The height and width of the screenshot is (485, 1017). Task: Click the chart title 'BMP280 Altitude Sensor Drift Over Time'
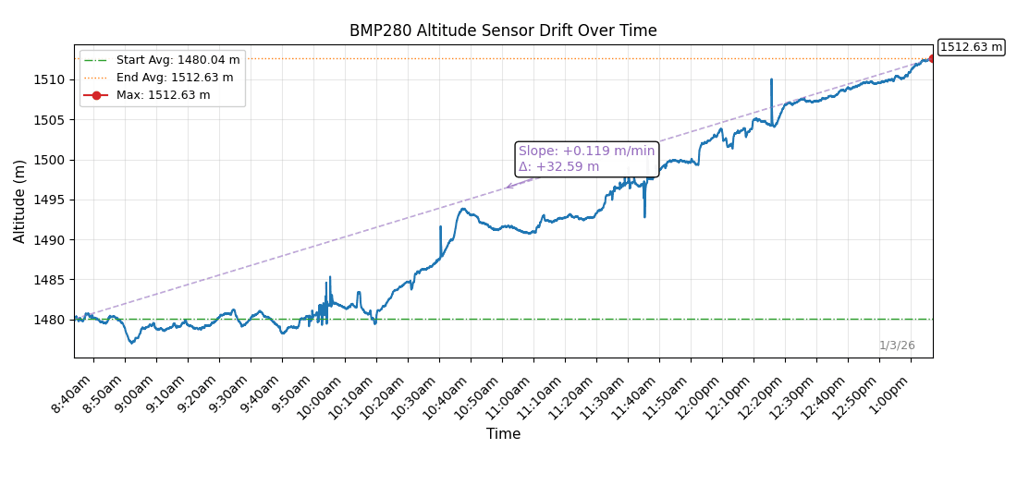503,30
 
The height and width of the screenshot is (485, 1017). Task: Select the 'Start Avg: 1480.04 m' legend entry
178,60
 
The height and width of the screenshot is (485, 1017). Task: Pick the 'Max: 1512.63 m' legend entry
163,95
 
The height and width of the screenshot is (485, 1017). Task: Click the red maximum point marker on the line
932,58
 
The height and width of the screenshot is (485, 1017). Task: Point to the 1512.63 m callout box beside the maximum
971,47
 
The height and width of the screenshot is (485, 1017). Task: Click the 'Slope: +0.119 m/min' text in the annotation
586,152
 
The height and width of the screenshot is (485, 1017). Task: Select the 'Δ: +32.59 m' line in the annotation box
558,167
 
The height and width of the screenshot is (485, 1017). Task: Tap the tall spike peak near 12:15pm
771,80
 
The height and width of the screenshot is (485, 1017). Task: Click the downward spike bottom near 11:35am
644,216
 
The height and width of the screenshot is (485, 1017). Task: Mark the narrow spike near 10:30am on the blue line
440,227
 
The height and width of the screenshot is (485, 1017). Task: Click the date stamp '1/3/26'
897,346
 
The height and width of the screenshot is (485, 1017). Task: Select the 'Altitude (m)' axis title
20,201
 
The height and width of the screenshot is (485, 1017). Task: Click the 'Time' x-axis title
503,434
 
